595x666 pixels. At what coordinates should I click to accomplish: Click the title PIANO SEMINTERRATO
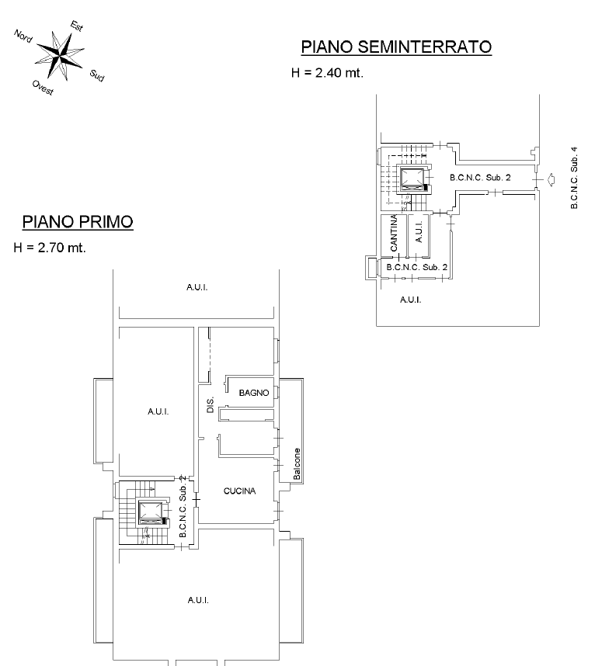tap(396, 47)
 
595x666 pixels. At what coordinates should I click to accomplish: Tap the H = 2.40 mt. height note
tap(327, 74)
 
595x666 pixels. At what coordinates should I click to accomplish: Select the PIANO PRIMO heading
tap(77, 222)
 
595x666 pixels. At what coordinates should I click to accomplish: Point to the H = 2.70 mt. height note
tap(50, 248)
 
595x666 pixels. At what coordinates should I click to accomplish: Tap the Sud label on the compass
tap(97, 75)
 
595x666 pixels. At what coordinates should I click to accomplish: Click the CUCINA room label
tap(239, 491)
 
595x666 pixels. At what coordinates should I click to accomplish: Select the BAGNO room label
tap(254, 393)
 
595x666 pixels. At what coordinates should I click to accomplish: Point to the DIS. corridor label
tap(210, 404)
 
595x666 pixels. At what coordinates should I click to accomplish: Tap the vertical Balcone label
tap(297, 464)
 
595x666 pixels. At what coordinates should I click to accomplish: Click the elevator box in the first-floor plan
tap(150, 512)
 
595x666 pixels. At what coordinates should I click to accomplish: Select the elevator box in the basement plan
tap(412, 178)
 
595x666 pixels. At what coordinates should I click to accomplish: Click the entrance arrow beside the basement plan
tap(551, 180)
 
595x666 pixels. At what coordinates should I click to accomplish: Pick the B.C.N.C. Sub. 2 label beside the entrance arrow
tap(480, 179)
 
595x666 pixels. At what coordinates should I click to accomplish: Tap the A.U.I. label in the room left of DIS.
tap(158, 411)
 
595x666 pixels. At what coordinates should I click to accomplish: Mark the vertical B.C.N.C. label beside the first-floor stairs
tap(182, 512)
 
